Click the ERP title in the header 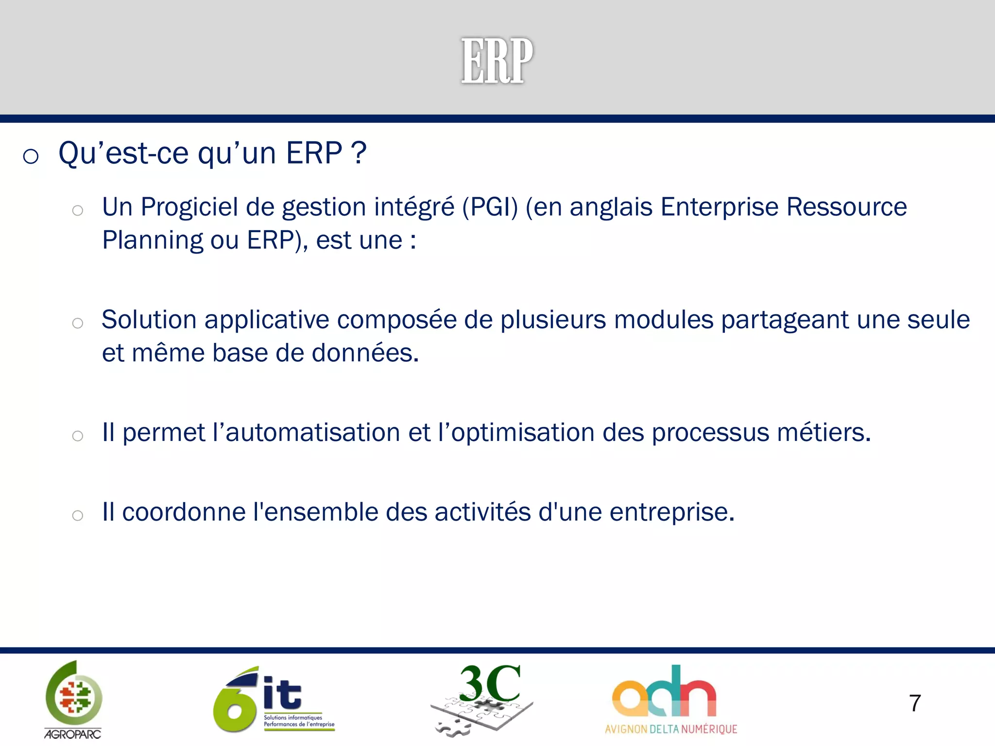point(497,61)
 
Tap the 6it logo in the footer point(274,699)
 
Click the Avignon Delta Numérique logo point(670,699)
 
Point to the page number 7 point(914,703)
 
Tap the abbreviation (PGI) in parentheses point(490,207)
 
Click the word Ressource point(846,207)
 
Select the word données point(365,353)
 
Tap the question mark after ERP point(359,153)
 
